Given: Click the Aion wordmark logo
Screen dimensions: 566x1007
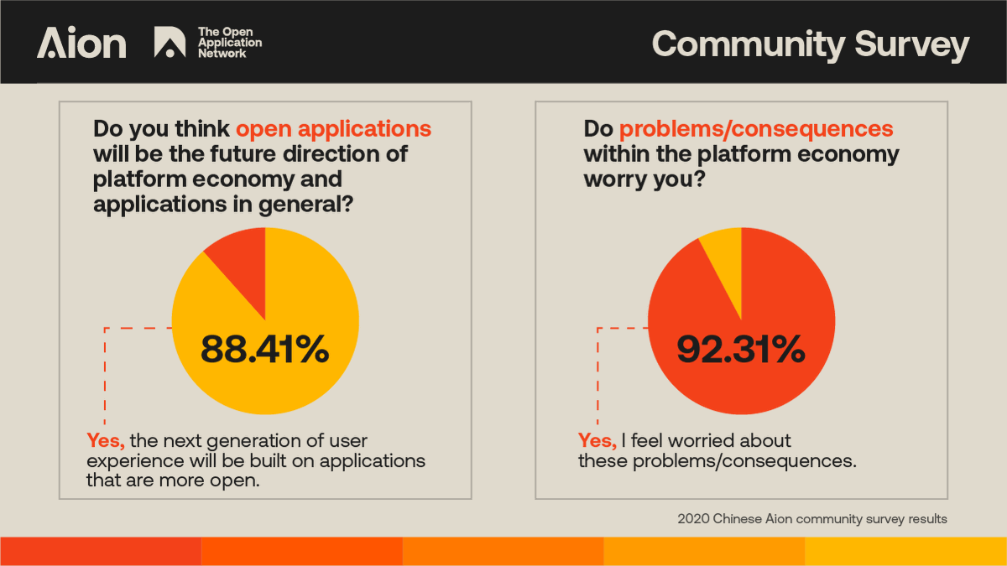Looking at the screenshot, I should coord(81,44).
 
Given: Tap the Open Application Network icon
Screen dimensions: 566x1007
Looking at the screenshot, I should coord(170,43).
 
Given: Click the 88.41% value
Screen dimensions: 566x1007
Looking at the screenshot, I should coord(264,350).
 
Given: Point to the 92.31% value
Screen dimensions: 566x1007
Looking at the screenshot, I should coord(741,350).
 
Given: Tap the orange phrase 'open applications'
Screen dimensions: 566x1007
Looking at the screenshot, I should coord(333,129).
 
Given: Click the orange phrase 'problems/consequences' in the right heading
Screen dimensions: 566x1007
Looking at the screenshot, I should coord(755,129).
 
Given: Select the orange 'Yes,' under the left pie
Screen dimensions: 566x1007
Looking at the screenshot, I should coord(106,441).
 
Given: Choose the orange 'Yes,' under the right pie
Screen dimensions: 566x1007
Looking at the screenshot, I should coord(597,441).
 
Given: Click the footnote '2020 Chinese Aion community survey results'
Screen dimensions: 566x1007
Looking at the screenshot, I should coord(811,519).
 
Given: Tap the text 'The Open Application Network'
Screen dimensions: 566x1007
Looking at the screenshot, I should coord(229,43).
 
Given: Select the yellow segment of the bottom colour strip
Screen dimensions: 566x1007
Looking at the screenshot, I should coord(905,551).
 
